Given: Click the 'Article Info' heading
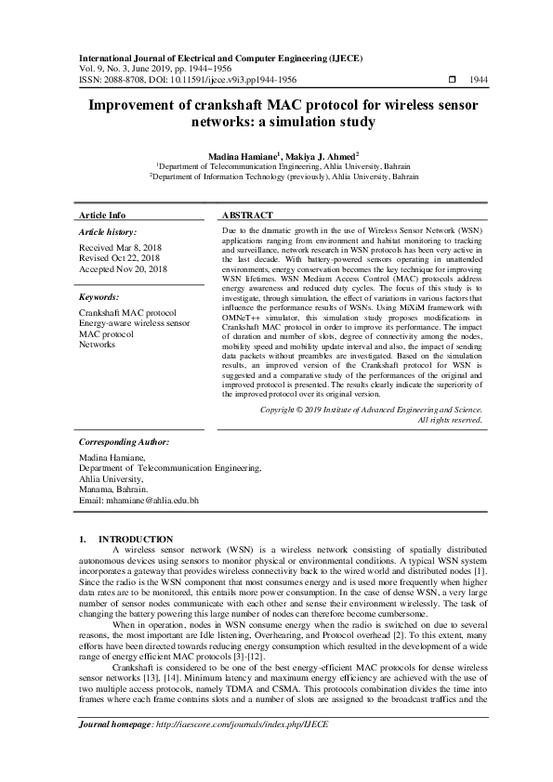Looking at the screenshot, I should (102, 215).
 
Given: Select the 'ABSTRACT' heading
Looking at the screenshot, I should (249, 215).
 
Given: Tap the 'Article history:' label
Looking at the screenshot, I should (108, 232).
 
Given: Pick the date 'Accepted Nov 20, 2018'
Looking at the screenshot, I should (123, 269).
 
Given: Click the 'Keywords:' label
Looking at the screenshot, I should (99, 297).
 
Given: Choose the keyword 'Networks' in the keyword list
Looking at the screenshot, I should (98, 345).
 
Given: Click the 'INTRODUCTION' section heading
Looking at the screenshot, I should (136, 539).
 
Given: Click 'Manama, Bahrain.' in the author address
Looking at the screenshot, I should (113, 489).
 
